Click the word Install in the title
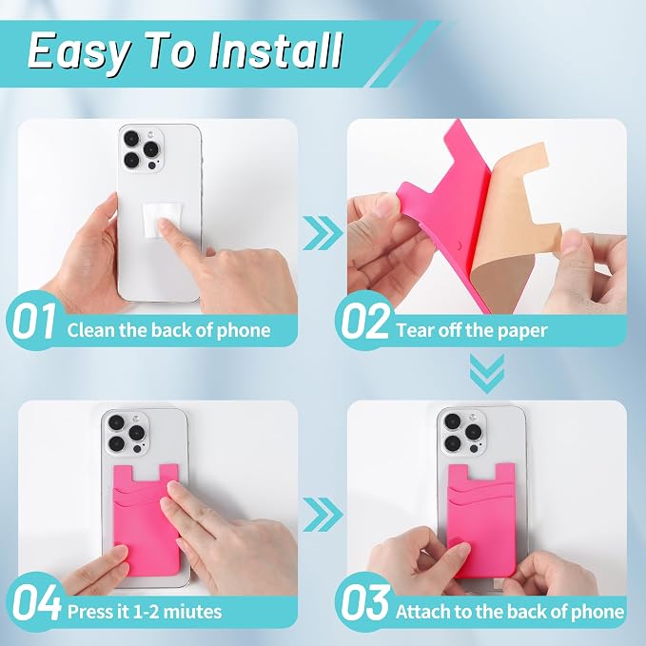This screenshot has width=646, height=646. point(275,50)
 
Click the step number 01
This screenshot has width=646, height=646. point(34,321)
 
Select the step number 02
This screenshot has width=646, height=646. point(364,321)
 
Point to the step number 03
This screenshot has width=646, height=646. point(365,602)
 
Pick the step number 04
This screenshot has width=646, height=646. point(37,602)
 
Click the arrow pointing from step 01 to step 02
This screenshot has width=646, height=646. point(323,233)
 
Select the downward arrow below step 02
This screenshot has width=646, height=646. point(487,373)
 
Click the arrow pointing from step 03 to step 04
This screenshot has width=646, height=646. point(323,514)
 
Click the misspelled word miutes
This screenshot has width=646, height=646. point(192,612)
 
